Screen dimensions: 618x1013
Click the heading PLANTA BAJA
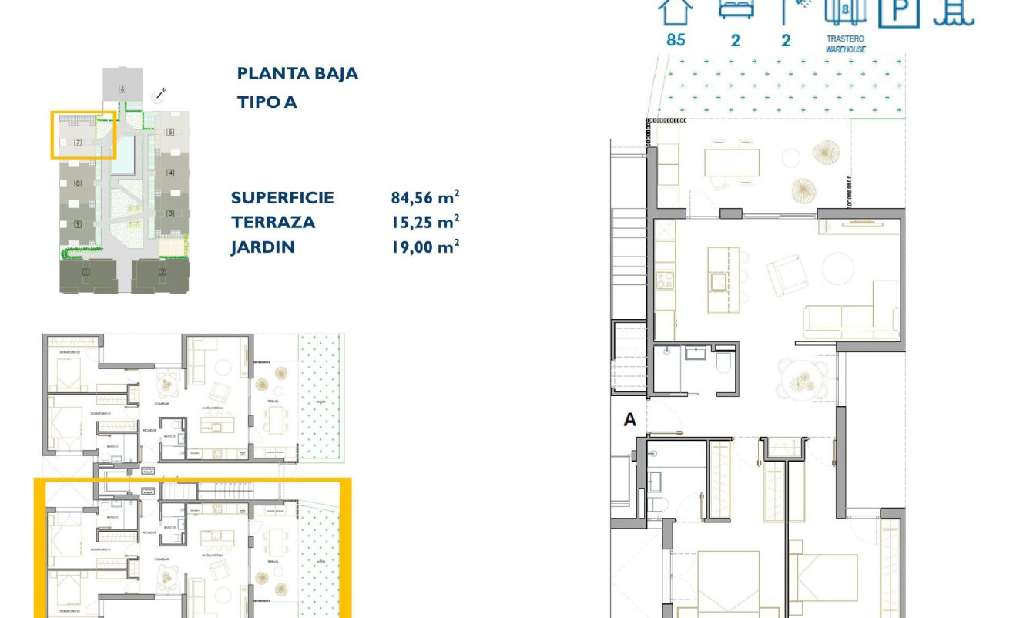pos(297,74)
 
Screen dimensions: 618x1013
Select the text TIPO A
pos(267,102)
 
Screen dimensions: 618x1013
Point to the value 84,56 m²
pos(425,197)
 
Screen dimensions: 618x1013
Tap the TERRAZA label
pos(273,222)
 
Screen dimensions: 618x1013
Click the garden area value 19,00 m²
pos(425,247)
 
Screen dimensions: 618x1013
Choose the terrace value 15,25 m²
pos(425,222)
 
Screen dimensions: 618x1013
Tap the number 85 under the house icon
pos(676,40)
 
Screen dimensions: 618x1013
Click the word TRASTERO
pos(845,39)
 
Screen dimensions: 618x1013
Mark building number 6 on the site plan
pos(122,89)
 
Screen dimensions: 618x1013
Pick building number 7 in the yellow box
pos(78,143)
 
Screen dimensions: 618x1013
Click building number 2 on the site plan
pos(163,271)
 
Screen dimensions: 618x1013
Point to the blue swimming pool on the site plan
pos(123,155)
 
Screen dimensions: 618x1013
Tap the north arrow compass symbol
pos(159,95)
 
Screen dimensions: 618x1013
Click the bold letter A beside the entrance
pos(630,420)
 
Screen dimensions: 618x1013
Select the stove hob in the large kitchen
pos(664,280)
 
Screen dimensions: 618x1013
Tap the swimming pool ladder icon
pos(953,12)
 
